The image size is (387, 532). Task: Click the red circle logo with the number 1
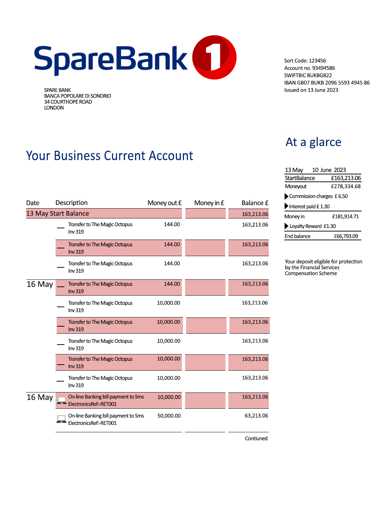[214, 57]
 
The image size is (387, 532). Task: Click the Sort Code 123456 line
[305, 61]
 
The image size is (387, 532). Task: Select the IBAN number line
[327, 83]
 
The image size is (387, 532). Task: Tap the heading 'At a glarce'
[313, 142]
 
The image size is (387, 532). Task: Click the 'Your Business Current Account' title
[109, 156]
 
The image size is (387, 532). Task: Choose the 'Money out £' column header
[164, 203]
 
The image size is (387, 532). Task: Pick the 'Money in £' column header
[209, 203]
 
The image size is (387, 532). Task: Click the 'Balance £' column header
[255, 203]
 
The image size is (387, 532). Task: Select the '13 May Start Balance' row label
[58, 214]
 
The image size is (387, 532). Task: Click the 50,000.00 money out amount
[169, 416]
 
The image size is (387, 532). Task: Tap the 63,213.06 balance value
[256, 416]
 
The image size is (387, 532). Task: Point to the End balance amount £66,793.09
[346, 236]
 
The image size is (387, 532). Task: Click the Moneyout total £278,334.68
[345, 186]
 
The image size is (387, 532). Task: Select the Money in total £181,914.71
[345, 216]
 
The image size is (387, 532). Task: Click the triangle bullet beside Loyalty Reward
[286, 226]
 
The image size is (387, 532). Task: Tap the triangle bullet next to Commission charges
[286, 196]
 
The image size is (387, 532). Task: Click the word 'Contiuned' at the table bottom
[256, 439]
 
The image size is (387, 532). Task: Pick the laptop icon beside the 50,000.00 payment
[62, 419]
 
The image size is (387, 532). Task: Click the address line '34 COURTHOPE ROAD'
[68, 102]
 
